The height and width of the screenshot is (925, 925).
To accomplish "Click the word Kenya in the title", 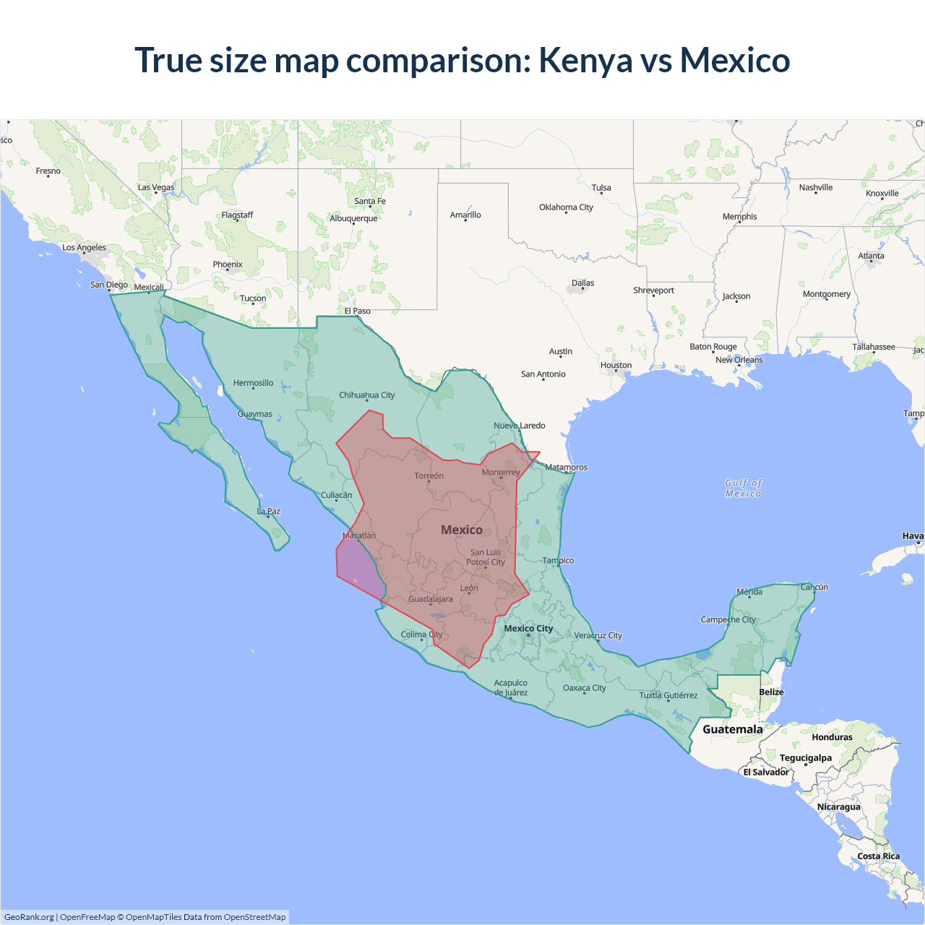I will click(x=585, y=61).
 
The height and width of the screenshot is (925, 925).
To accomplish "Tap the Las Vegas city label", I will click(x=156, y=187).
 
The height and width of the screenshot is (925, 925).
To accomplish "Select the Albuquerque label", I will click(x=353, y=218).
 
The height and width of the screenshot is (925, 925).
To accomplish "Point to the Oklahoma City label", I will click(x=566, y=207).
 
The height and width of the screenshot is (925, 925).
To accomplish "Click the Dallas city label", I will click(x=582, y=283).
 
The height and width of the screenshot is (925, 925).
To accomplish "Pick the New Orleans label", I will click(x=739, y=360).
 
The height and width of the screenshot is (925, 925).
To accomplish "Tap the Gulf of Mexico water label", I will click(x=743, y=489).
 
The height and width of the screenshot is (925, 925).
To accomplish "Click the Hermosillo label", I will click(x=253, y=383).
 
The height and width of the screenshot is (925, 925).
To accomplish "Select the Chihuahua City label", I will click(x=366, y=395).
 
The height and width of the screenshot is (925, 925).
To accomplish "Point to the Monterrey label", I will click(x=501, y=473).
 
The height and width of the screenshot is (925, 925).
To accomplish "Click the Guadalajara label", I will click(x=431, y=599).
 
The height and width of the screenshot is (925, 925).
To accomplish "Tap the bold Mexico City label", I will click(x=528, y=629).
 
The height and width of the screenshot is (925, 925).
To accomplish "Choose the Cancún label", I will click(x=814, y=587).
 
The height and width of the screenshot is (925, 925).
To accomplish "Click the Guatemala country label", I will click(x=732, y=729).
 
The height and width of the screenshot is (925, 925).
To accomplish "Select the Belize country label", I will click(x=771, y=692).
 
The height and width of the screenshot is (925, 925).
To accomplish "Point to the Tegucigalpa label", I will click(x=805, y=758).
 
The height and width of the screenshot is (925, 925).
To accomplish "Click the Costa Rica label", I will click(x=879, y=856).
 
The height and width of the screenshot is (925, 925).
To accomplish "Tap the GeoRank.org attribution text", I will click(x=29, y=917).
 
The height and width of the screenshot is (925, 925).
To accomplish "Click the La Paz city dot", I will click(x=269, y=516).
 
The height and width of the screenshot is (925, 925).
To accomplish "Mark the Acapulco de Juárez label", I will click(x=510, y=687).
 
